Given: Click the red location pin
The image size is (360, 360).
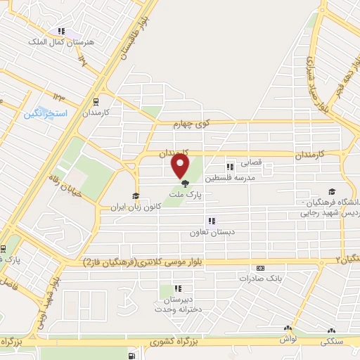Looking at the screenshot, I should [x=181, y=167].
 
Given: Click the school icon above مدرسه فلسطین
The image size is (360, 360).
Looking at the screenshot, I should [x=229, y=167].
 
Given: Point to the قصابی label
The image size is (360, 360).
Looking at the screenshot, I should [x=252, y=162].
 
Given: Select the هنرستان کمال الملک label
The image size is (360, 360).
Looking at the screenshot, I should [x=60, y=42].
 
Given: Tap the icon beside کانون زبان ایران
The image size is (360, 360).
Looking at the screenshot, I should [x=134, y=196].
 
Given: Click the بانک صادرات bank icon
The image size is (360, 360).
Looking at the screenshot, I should [x=260, y=268].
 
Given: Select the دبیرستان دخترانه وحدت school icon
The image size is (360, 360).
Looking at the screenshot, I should [x=178, y=288].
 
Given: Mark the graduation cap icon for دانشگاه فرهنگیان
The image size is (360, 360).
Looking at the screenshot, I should [x=331, y=191].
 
